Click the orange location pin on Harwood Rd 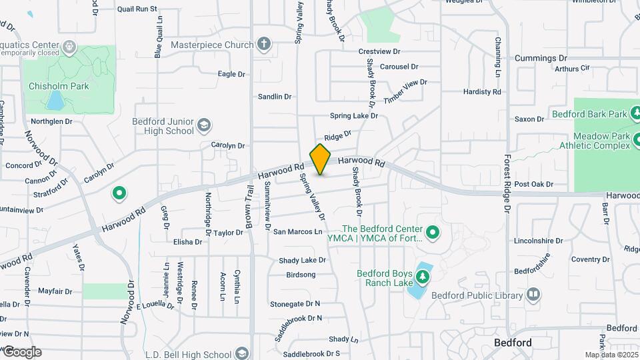pos(321,159)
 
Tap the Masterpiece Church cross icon pos(264,45)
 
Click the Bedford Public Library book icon pos(533,295)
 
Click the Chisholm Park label pos(59,86)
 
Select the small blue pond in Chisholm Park pos(55,100)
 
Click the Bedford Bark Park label pos(590,114)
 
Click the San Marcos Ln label pos(298,231)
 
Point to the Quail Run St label pos(137,9)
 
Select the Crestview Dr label pos(379,51)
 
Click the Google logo pos(22,352)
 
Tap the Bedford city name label pos(513,343)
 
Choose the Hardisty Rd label pos(481,92)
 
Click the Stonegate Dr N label pos(295,303)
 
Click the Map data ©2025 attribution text pos(610,355)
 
